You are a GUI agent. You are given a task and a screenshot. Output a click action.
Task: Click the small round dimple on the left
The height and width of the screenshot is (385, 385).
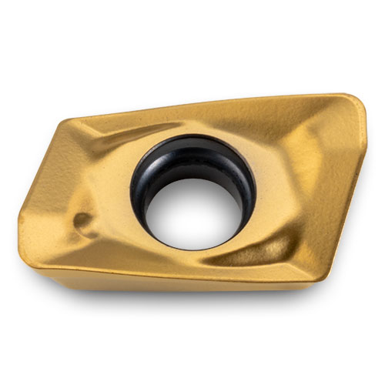coord(81,222)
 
